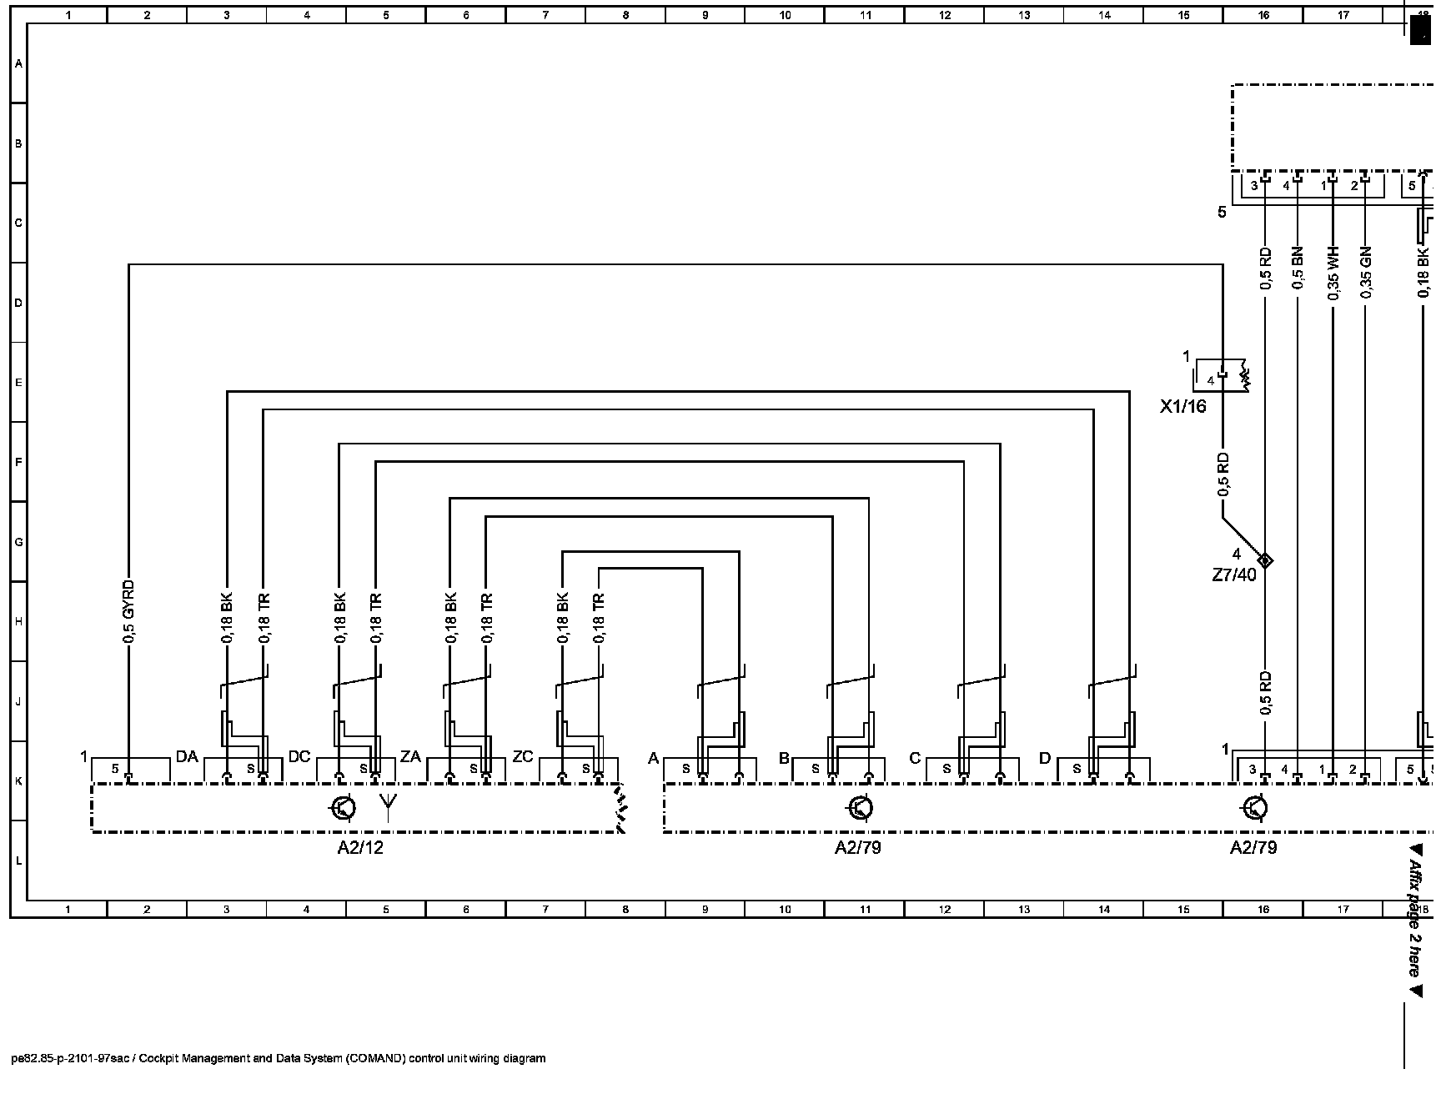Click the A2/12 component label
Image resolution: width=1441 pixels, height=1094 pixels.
coord(360,848)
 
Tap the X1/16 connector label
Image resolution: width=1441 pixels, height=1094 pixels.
coord(1183,407)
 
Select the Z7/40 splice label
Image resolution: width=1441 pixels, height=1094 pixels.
coord(1233,575)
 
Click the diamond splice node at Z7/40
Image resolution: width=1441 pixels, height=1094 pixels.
coord(1265,560)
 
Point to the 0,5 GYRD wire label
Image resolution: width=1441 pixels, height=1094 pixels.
coord(129,611)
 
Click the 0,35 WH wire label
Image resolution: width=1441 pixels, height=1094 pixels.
coord(1333,273)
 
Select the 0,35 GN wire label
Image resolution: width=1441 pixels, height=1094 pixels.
coord(1365,273)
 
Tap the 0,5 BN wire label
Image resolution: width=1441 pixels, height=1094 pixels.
coord(1298,268)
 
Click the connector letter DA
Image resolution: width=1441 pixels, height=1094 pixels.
coord(187,757)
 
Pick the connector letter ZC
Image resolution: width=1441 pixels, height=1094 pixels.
coord(523,757)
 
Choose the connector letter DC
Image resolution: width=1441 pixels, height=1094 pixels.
coord(299,757)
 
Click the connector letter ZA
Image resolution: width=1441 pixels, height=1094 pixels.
coord(410,757)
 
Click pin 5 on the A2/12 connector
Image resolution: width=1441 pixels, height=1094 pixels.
coord(116,769)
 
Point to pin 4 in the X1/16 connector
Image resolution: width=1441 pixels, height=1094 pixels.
coord(1211,380)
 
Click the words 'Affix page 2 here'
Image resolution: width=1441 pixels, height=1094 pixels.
coord(1415,917)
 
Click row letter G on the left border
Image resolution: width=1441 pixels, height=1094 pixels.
coord(18,542)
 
